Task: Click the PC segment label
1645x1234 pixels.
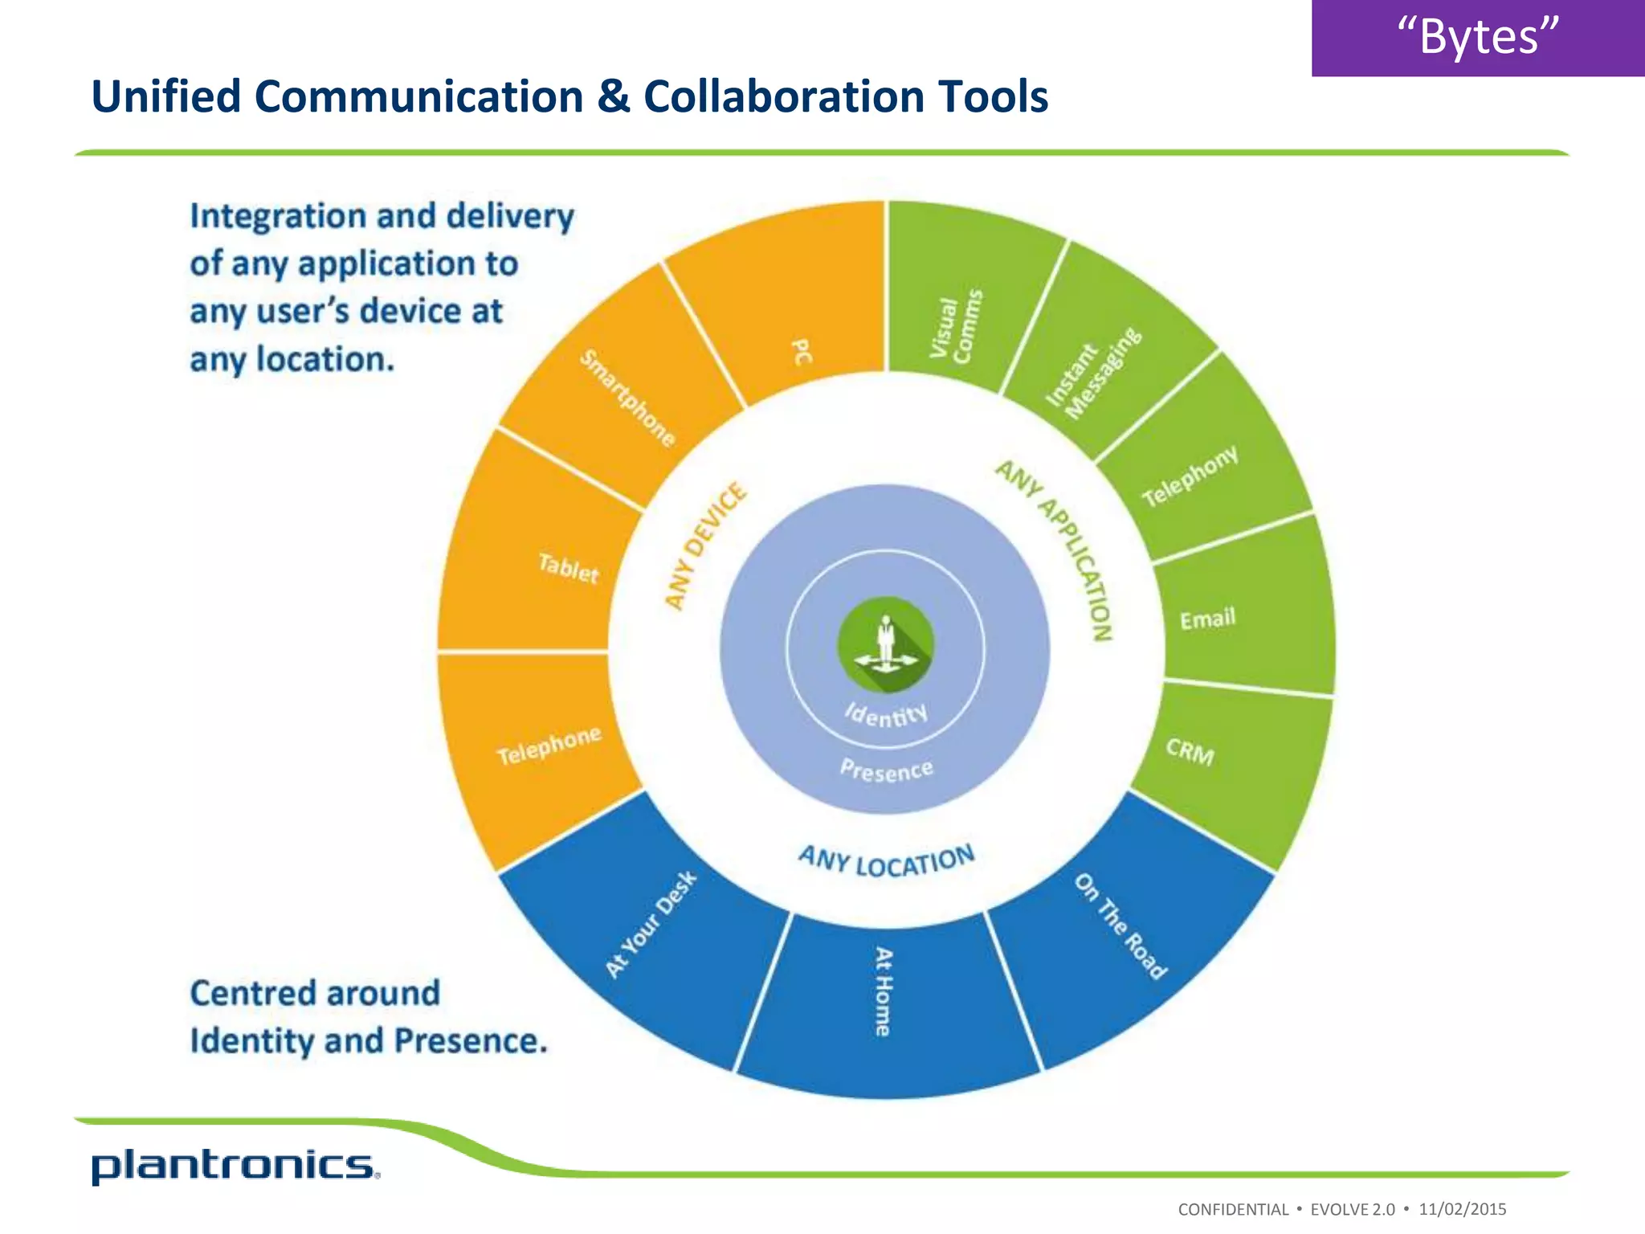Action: point(802,352)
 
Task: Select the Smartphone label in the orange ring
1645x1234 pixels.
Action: point(628,398)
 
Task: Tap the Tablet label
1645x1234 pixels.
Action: point(569,568)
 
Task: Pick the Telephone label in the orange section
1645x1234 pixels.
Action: point(549,746)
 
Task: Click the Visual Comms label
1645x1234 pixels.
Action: point(956,326)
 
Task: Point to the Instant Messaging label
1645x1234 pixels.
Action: point(1093,374)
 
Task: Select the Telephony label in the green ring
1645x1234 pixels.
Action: point(1190,476)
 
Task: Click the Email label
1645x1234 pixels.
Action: point(1207,619)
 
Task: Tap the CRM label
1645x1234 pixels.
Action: point(1190,752)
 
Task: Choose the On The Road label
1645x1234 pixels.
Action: point(1120,926)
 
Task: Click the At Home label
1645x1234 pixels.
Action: point(884,991)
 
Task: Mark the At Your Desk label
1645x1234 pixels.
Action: point(651,925)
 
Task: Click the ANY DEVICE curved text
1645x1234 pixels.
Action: point(705,546)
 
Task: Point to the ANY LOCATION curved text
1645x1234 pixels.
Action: point(886,861)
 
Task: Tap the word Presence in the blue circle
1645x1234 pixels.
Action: point(886,770)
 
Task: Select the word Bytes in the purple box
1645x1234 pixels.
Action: point(1478,37)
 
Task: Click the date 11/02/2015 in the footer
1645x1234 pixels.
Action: point(1462,1209)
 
